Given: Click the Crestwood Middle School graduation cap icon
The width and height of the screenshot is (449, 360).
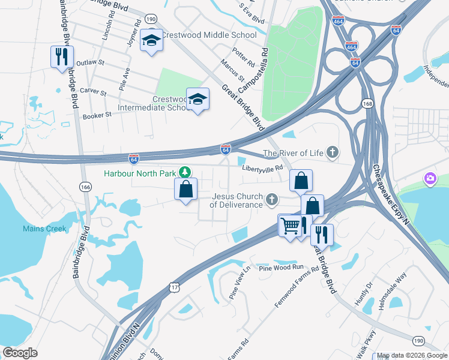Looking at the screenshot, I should [151, 41].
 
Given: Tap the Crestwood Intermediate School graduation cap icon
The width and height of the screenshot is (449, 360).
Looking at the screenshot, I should [197, 100].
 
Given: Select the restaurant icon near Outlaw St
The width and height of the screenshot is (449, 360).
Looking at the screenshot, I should [62, 57].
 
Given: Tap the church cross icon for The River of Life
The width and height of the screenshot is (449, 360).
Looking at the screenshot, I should [332, 153].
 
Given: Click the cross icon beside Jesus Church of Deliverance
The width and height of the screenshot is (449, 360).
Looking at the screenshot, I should [272, 199].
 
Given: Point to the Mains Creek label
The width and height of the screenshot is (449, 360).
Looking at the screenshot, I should [45, 229].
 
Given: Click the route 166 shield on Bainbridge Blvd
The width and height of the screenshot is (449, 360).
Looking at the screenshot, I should [86, 188].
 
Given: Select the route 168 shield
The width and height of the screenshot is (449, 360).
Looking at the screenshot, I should [367, 104].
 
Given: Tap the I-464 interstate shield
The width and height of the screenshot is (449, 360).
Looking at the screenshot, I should [352, 46].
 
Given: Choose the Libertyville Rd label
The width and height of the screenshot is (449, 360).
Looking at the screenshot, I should [262, 169].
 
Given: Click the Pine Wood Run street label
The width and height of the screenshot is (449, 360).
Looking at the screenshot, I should [282, 267].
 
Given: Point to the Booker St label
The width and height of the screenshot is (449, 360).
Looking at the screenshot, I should [97, 115].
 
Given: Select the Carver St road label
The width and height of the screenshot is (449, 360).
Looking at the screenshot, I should [93, 92].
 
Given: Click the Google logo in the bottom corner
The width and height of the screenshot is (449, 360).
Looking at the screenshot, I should [20, 353].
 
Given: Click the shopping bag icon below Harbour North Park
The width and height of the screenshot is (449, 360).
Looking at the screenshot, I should [186, 190].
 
